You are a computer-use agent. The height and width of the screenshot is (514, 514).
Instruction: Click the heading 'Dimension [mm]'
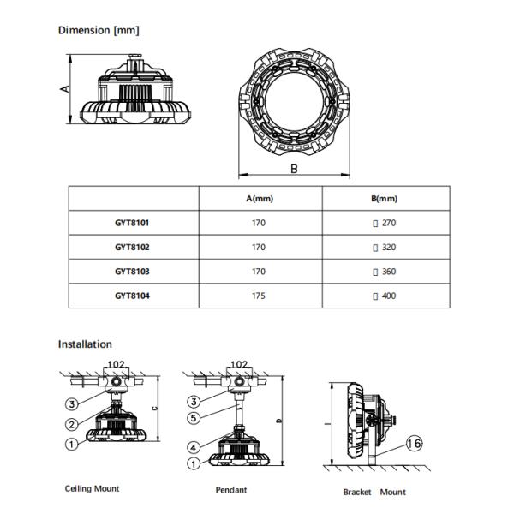click(99, 31)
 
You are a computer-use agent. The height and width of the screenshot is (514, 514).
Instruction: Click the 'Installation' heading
click(85, 344)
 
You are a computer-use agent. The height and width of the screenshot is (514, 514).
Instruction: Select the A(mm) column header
click(259, 199)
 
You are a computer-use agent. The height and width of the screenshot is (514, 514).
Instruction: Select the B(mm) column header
click(385, 199)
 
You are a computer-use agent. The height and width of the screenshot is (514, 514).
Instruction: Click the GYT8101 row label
click(132, 223)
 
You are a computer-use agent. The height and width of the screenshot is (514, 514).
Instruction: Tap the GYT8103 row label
click(132, 272)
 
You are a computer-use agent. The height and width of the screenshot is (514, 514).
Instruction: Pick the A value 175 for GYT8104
click(259, 296)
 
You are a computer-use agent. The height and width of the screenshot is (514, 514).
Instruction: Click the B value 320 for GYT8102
click(387, 248)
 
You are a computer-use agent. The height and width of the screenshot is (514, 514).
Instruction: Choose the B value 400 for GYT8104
click(387, 296)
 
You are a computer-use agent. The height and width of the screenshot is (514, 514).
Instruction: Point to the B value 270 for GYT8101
click(387, 223)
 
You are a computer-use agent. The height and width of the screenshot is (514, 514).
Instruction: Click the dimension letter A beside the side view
click(63, 88)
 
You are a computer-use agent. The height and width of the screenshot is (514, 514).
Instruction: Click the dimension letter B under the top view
click(294, 169)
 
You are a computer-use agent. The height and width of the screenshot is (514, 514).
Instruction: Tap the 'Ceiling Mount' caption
click(93, 489)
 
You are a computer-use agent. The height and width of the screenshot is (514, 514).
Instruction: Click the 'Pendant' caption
click(231, 490)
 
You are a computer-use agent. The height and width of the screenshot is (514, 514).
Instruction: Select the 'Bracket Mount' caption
click(374, 492)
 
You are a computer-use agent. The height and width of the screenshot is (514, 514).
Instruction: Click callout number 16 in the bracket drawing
click(415, 443)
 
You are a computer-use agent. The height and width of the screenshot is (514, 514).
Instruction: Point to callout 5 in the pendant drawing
click(195, 418)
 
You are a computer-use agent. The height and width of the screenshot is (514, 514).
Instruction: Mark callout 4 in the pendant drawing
click(195, 446)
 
